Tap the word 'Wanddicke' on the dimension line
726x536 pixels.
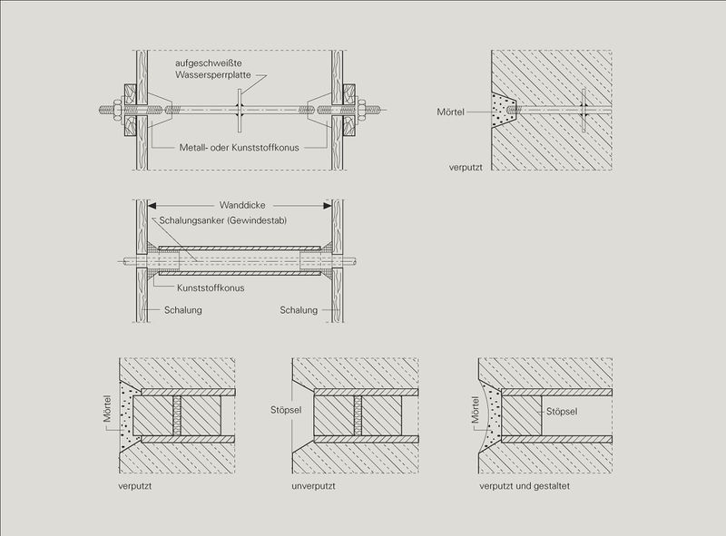tap(242, 205)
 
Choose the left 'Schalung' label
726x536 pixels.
tap(183, 310)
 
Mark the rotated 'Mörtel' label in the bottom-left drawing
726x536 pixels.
tap(109, 410)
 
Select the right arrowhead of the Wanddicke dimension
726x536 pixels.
tap(330, 205)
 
